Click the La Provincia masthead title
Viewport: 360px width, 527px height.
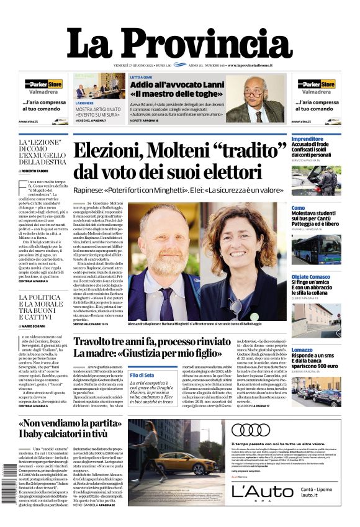click(x=179, y=43)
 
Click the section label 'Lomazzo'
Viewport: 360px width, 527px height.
click(x=302, y=350)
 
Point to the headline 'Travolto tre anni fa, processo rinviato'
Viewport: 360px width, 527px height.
click(x=153, y=342)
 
